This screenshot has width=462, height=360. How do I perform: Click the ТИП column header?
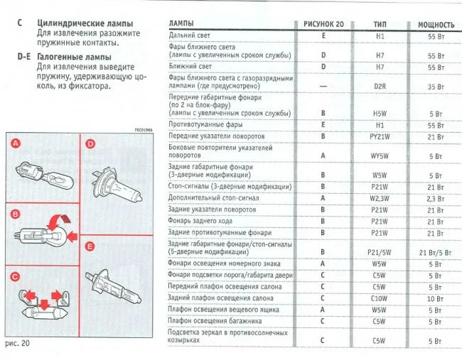[x=380, y=24]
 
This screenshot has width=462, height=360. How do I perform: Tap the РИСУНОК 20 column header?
[x=323, y=24]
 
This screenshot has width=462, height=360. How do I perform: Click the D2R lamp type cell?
[x=380, y=87]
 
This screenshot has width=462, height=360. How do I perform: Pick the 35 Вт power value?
[x=436, y=87]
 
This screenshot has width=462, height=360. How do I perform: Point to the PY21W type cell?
[x=380, y=136]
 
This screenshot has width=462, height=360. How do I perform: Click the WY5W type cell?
[x=380, y=155]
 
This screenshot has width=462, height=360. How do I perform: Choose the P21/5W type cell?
[x=380, y=252]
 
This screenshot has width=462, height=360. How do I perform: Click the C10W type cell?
[x=380, y=298]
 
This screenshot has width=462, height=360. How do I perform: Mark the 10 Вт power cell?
[x=436, y=298]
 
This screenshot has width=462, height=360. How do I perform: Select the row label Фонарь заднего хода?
[x=198, y=221]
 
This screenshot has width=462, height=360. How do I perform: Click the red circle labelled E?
[x=90, y=246]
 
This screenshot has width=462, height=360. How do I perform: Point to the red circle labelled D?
[x=90, y=144]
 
